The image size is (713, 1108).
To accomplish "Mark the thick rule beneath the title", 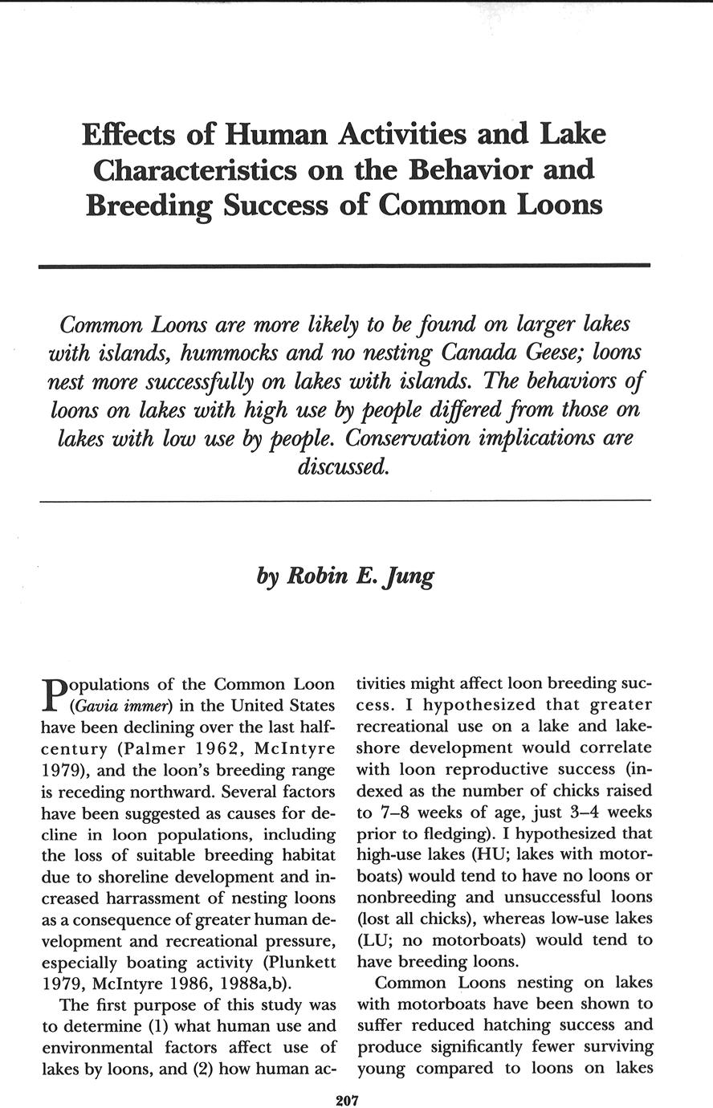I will (344, 265).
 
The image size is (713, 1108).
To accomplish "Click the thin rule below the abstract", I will (344, 501).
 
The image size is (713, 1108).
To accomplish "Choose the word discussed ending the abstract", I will (344, 466).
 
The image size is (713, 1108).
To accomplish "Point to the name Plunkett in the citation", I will (302, 961).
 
